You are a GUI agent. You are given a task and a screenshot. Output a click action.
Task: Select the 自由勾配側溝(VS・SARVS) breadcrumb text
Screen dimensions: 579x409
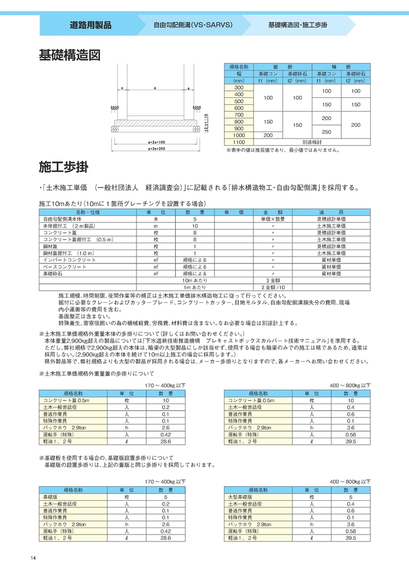[x=193, y=26]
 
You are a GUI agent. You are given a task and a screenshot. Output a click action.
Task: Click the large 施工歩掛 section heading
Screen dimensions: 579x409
[x=63, y=168]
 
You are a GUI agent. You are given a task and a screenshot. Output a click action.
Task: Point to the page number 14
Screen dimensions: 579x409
[x=34, y=558]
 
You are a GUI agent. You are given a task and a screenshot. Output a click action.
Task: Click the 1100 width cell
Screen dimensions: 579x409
[x=238, y=142]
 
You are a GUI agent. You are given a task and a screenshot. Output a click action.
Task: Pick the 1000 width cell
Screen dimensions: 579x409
[x=238, y=135]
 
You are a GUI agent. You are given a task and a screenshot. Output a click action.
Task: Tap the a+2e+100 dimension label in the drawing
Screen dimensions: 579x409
[x=157, y=141]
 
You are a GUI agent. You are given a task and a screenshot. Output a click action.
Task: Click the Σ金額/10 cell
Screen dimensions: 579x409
[x=273, y=287]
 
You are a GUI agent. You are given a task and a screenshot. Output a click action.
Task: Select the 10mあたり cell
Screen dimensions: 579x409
[x=195, y=280]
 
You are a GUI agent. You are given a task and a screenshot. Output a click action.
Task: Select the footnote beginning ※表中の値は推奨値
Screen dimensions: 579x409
[x=282, y=149]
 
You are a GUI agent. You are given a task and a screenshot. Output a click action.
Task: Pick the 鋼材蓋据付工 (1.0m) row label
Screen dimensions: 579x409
[x=68, y=253]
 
